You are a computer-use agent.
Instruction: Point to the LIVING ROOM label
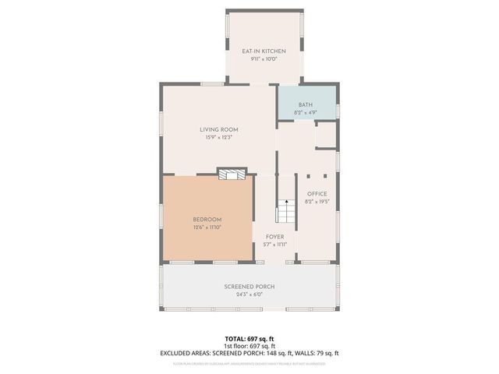coord(218,129)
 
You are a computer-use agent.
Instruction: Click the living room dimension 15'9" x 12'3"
coord(218,137)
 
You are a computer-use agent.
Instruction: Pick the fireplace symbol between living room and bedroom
coord(231,175)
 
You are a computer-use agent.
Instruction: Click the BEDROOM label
coord(207,219)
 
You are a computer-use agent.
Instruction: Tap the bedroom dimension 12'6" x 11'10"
coord(207,228)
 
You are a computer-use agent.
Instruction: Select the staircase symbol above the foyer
coord(286,211)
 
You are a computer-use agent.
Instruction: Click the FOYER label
coord(274,236)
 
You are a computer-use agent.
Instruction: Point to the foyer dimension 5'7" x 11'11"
coord(274,244)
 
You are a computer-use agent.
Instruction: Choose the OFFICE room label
coord(317,193)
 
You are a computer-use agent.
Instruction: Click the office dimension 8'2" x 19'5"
coord(317,201)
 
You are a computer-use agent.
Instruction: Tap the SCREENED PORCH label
coord(249,286)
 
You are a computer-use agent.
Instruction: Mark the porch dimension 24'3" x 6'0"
coord(249,295)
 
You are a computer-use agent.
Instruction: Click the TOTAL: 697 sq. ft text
coord(249,339)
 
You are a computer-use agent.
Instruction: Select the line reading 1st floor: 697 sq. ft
coord(249,346)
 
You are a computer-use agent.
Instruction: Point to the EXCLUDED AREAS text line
coord(249,353)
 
